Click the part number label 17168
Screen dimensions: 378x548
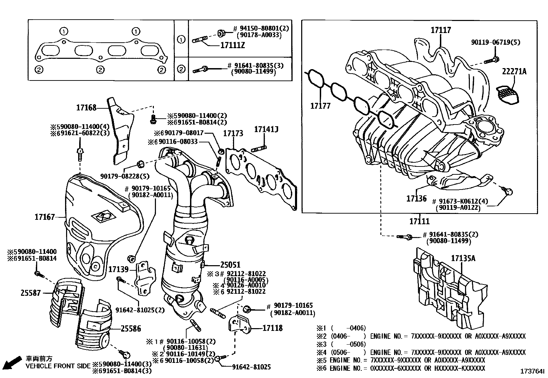pyautogui.click(x=86, y=108)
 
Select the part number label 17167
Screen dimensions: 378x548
pyautogui.click(x=44, y=217)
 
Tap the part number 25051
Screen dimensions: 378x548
pyautogui.click(x=230, y=265)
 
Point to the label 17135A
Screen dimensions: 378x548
pyautogui.click(x=463, y=258)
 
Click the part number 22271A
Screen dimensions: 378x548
pyautogui.click(x=514, y=72)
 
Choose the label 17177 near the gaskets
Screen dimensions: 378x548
pyautogui.click(x=320, y=106)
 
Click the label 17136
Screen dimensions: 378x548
pyautogui.click(x=416, y=198)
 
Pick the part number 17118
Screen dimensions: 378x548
pyautogui.click(x=273, y=328)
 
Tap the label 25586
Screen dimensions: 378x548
pyautogui.click(x=131, y=329)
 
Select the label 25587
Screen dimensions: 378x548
pyautogui.click(x=31, y=293)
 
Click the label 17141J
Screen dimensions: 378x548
pyautogui.click(x=266, y=129)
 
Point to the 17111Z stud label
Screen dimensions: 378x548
pyautogui.click(x=232, y=45)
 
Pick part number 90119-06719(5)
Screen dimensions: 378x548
pyautogui.click(x=496, y=42)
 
